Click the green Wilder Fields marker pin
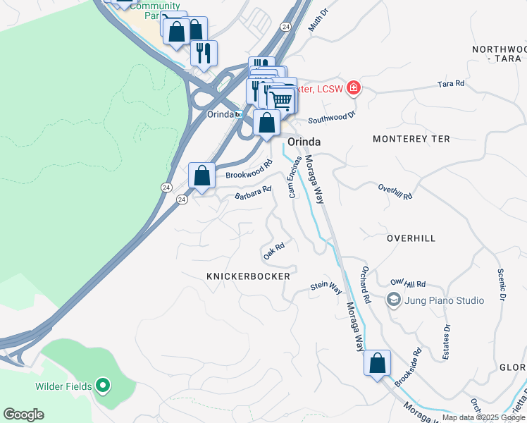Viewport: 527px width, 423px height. tap(103, 384)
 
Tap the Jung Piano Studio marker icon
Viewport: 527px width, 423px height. tap(393, 300)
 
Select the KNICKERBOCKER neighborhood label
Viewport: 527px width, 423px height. tap(248, 276)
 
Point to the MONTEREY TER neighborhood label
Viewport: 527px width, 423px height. tap(411, 139)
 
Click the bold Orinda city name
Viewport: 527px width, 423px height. tap(304, 142)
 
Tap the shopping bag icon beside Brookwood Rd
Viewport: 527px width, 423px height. tap(202, 176)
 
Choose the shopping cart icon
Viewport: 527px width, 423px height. tap(282, 99)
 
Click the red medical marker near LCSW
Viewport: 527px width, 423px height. tap(353, 88)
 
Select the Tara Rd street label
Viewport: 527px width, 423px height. tap(451, 84)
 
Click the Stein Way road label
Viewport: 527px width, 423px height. tap(326, 288)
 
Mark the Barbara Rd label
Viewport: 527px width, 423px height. tap(253, 192)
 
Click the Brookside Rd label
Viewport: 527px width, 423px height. tap(408, 367)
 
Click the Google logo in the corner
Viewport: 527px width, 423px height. tap(23, 415)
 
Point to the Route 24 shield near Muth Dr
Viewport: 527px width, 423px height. tap(284, 26)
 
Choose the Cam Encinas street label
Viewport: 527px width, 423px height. tap(295, 176)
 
